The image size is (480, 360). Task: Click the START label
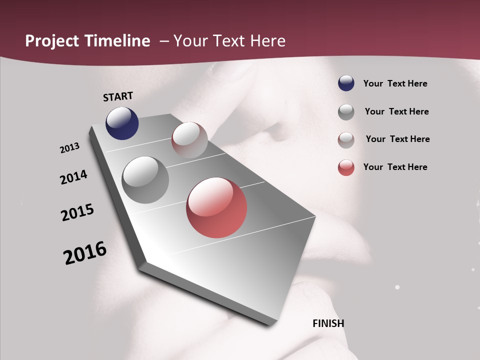[118, 96]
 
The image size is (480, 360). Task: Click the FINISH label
[328, 323]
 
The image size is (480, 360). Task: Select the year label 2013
[69, 148]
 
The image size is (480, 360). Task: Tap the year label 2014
[73, 177]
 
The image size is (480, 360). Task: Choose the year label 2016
[85, 252]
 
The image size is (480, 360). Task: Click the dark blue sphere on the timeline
[122, 123]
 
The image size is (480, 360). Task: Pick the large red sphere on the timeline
[216, 207]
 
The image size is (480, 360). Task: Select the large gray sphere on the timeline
[145, 179]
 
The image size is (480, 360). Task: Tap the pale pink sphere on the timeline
[189, 140]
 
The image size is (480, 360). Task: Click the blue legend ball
[346, 83]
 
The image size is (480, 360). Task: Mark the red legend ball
[346, 167]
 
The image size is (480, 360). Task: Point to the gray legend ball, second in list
[346, 111]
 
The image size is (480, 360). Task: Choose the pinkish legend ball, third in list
[346, 140]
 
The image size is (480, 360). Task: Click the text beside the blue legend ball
[395, 83]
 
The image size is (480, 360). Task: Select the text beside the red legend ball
[395, 167]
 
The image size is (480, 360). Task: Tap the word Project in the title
[52, 41]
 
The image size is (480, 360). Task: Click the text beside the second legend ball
[396, 111]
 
